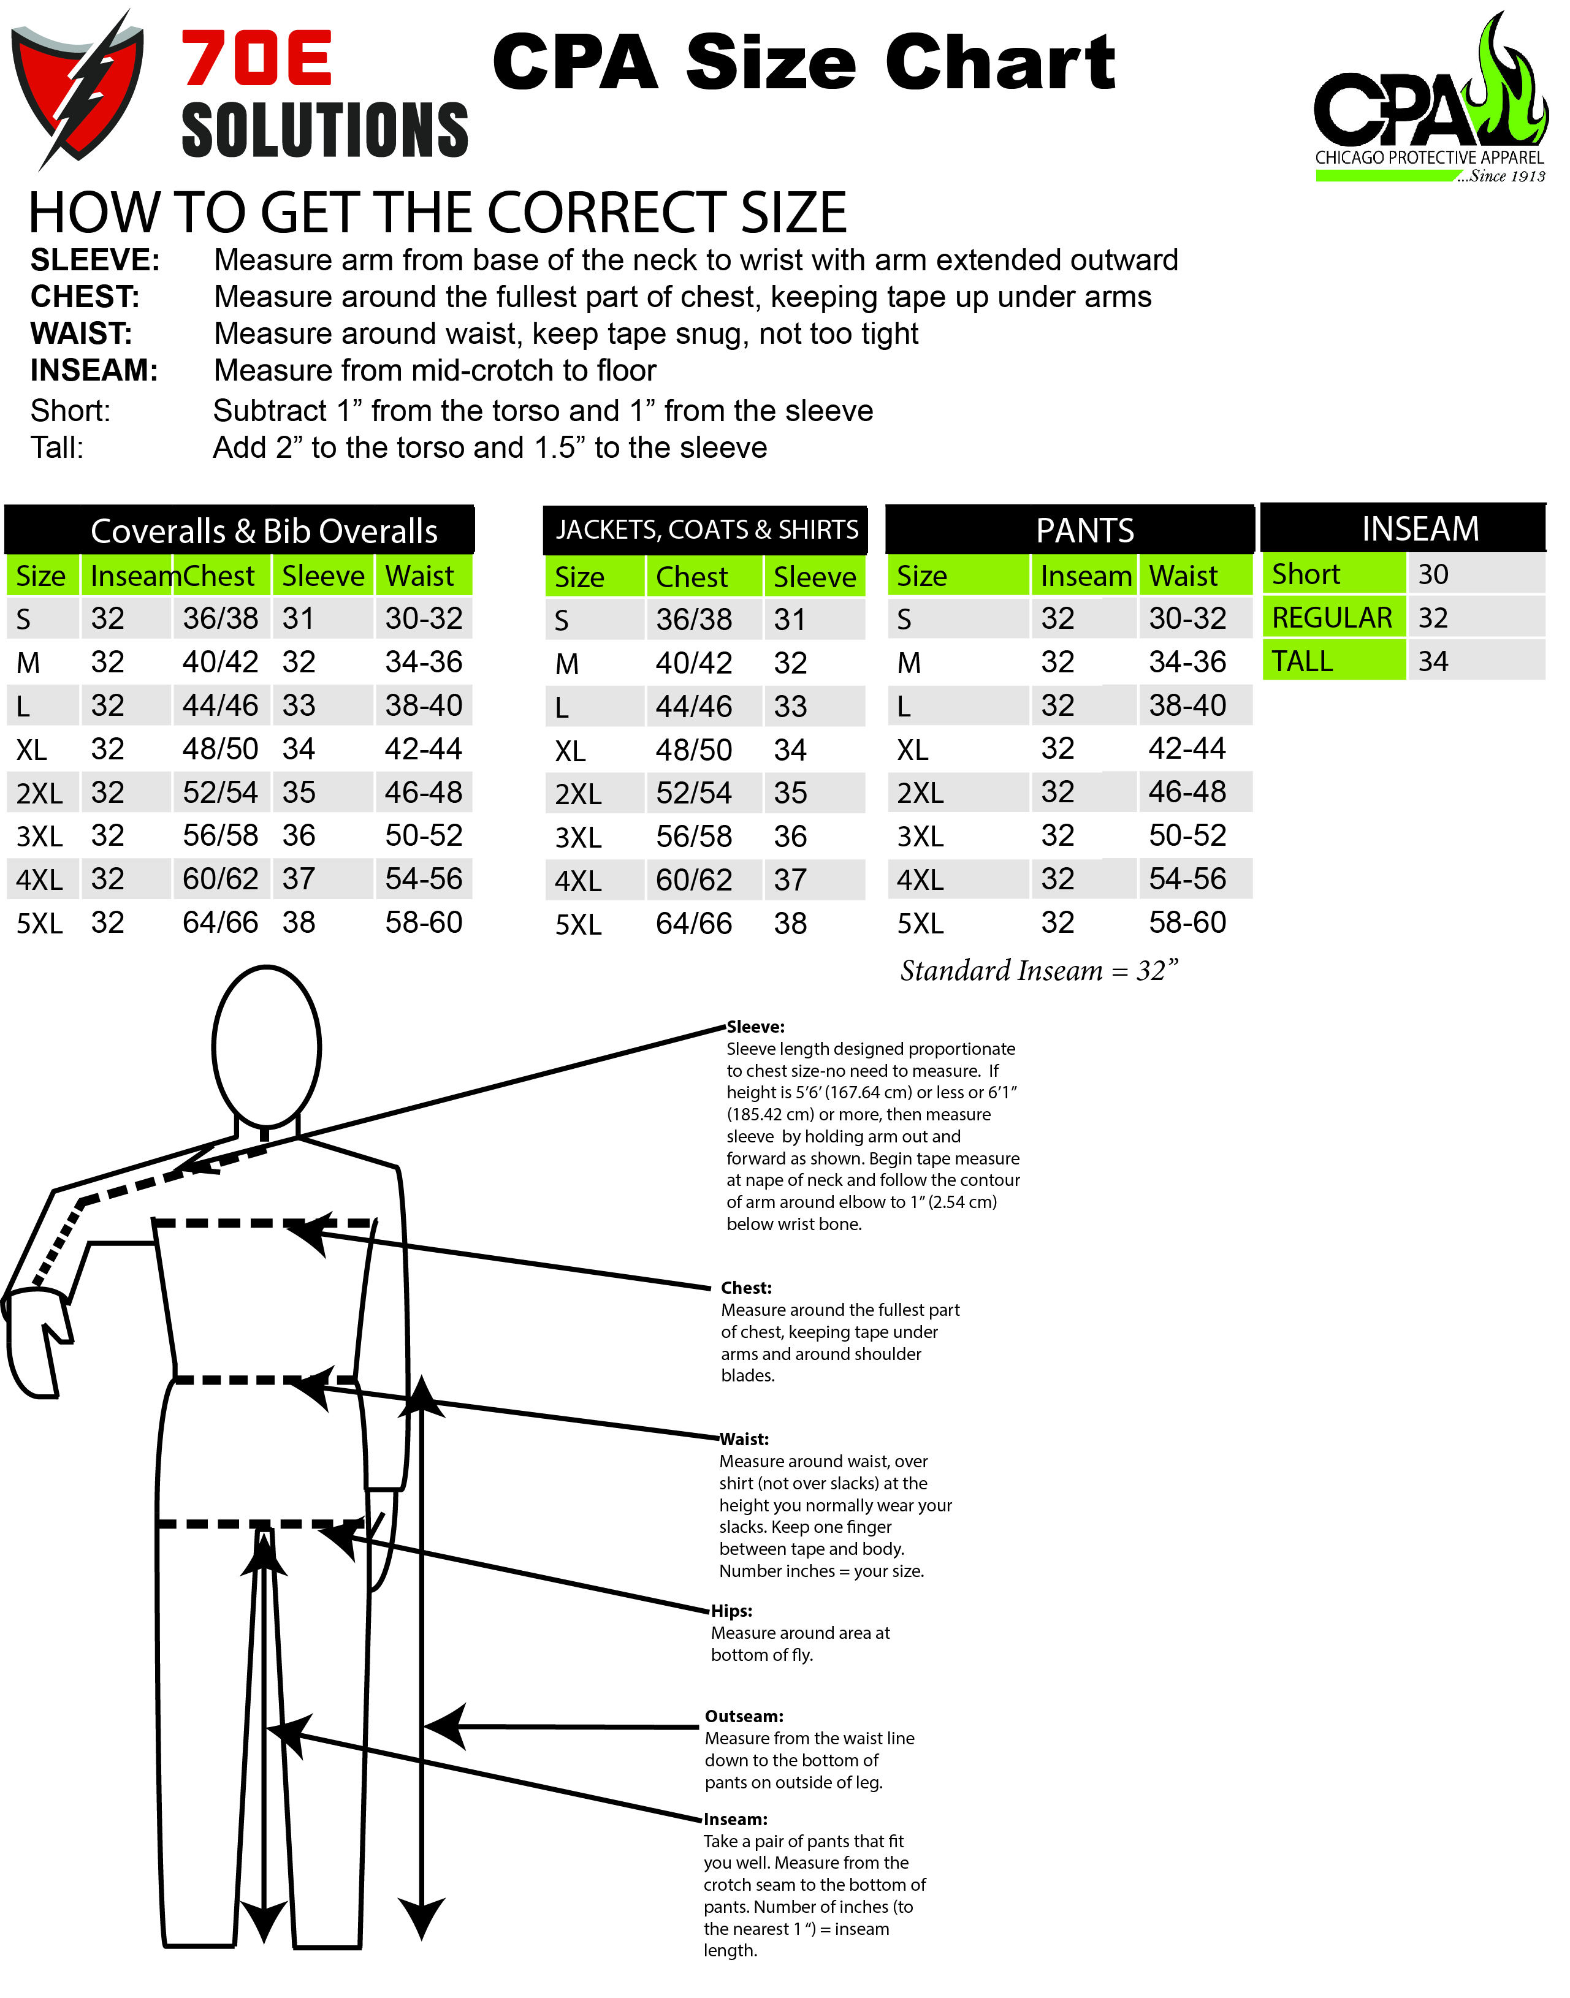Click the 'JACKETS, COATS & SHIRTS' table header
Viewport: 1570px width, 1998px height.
[x=706, y=530]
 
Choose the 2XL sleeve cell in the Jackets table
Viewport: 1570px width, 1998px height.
[x=790, y=793]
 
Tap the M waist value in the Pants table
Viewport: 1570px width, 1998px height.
[x=1187, y=662]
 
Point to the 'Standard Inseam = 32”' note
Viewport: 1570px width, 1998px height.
[x=1038, y=971]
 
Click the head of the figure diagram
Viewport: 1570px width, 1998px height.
[x=267, y=1046]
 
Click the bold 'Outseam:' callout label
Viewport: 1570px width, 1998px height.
[x=744, y=1716]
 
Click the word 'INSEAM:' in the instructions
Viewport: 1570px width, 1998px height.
[x=94, y=370]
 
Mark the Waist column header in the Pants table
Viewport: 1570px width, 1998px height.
[x=1183, y=576]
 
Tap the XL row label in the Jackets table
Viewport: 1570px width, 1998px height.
[x=570, y=751]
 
